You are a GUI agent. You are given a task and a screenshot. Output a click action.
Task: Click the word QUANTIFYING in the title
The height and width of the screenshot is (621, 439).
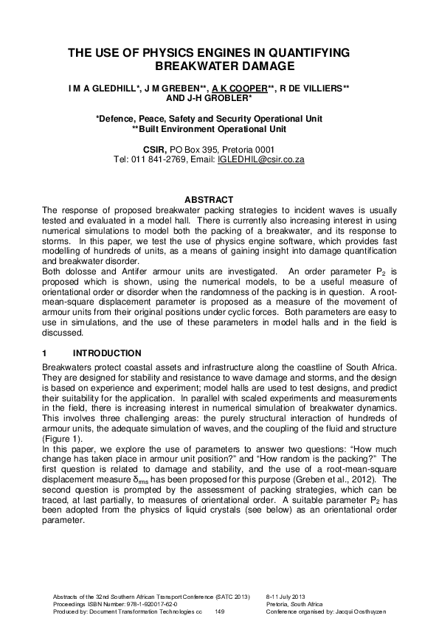(x=303, y=52)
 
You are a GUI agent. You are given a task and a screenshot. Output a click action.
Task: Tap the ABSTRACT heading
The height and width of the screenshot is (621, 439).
(x=209, y=200)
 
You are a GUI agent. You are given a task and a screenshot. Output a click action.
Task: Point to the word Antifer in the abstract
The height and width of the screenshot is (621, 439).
(x=128, y=271)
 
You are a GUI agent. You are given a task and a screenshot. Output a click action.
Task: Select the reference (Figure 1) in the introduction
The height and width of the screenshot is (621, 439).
(x=61, y=437)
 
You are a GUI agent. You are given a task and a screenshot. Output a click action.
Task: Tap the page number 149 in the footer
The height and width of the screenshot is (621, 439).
(x=219, y=612)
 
